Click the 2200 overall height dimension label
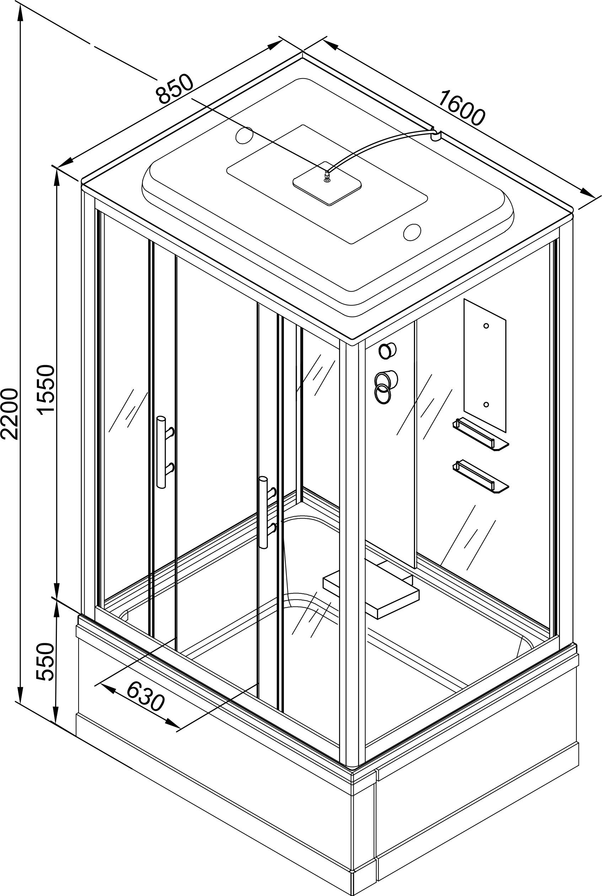pos(9,414)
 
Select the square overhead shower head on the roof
pos(327,183)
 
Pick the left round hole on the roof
pos(244,135)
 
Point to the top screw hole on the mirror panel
pos(486,326)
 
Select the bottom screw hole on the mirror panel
pos(486,404)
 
